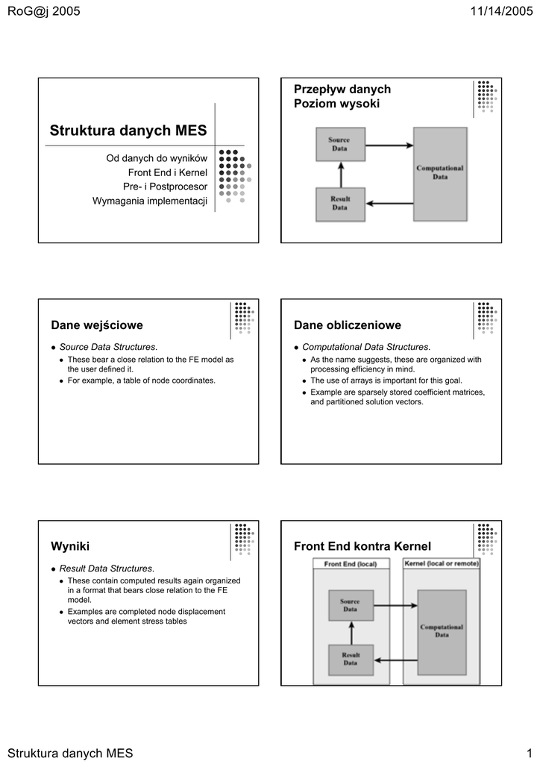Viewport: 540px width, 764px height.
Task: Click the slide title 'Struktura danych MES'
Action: click(x=128, y=131)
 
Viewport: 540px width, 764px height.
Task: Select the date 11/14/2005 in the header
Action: click(x=497, y=10)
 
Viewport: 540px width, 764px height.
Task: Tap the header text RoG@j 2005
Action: click(x=43, y=10)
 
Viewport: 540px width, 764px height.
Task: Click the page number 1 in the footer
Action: click(x=528, y=753)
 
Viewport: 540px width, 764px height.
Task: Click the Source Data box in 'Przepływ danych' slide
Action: click(x=339, y=144)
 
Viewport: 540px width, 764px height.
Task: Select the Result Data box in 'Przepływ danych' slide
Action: click(x=339, y=203)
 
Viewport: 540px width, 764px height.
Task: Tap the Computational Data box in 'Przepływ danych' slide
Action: click(x=440, y=173)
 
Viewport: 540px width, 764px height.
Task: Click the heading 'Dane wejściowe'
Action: click(x=97, y=325)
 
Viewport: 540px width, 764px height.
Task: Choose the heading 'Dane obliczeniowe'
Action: click(x=348, y=325)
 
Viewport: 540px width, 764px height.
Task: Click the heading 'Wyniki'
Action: click(x=70, y=547)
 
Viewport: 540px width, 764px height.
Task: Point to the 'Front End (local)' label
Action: click(x=351, y=564)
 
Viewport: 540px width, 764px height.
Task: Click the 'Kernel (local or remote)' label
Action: click(x=442, y=564)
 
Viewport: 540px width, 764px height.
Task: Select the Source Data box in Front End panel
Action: click(x=351, y=604)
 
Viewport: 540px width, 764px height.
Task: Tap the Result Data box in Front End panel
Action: click(x=351, y=659)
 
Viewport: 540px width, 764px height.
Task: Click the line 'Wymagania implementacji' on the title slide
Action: click(x=149, y=201)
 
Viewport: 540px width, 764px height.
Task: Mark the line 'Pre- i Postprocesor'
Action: click(x=165, y=187)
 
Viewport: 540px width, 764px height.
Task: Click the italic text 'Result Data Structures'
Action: click(x=106, y=569)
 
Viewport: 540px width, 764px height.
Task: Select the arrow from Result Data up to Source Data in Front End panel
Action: click(x=351, y=633)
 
